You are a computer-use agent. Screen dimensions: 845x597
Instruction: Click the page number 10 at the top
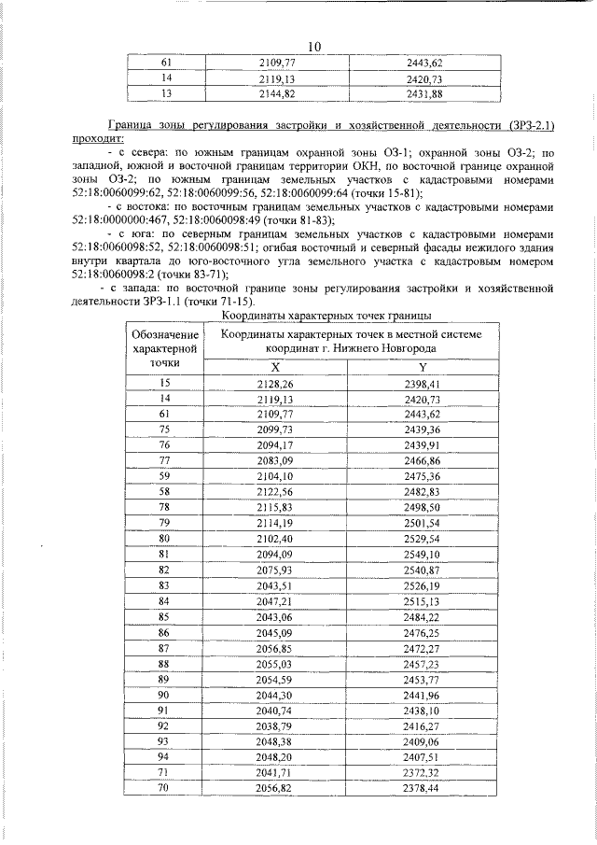313,47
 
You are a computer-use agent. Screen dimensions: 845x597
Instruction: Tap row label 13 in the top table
167,94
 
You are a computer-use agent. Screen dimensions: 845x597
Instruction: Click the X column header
275,368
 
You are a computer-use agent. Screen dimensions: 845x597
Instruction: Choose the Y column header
423,368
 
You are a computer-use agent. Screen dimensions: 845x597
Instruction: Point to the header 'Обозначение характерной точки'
165,348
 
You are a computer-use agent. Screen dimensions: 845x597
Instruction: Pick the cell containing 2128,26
275,384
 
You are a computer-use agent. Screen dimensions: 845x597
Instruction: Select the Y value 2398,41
423,384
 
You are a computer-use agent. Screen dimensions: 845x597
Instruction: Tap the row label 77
165,460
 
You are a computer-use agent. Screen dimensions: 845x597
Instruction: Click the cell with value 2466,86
423,460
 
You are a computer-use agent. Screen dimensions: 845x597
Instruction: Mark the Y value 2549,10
423,553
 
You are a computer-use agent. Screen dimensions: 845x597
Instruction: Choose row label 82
165,569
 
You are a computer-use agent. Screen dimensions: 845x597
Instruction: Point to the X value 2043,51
275,584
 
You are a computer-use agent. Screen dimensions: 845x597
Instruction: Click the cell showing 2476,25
423,631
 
